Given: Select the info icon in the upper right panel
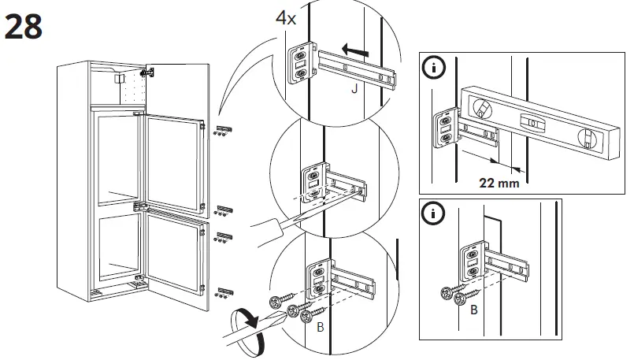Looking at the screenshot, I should click(x=432, y=69).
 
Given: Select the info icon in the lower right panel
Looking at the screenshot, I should click(x=432, y=213).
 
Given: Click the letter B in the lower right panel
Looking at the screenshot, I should click(x=473, y=310).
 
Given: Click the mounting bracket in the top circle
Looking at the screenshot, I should click(x=300, y=62).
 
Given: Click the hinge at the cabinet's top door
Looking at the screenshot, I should click(x=145, y=72).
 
